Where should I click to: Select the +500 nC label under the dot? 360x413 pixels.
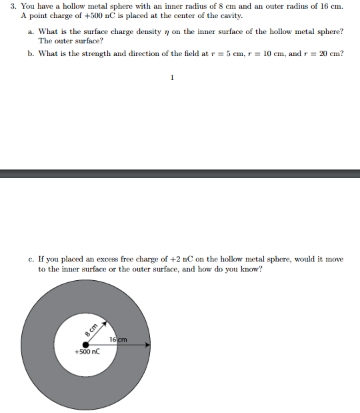87,352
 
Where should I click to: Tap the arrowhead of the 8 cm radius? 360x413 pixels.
103,321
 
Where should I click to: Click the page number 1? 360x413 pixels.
172,78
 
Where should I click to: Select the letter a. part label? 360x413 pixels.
31,31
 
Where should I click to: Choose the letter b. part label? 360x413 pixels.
31,54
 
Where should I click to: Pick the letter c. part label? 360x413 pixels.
31,259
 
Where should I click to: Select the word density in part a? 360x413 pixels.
137,31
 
